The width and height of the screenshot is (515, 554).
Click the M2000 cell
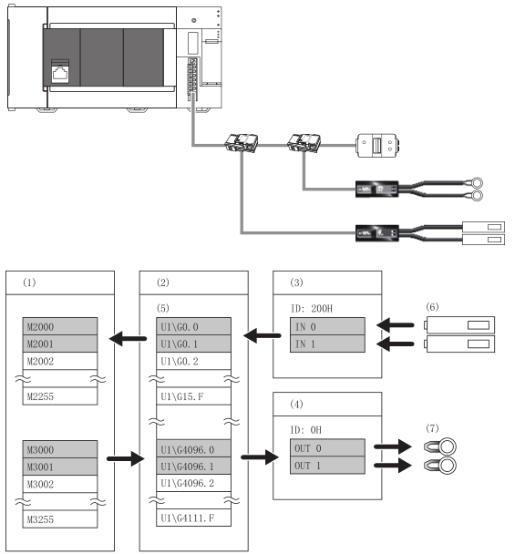[x=60, y=326]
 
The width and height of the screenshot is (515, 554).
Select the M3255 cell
[x=60, y=519]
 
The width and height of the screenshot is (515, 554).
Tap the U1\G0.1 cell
[x=193, y=344]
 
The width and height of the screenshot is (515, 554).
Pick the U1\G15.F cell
[x=193, y=396]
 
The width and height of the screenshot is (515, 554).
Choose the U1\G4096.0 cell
[x=193, y=449]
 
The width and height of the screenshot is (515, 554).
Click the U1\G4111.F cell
[x=193, y=518]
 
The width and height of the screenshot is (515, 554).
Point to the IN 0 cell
[x=327, y=326]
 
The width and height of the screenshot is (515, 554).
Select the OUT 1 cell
[x=327, y=466]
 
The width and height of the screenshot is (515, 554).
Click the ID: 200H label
[x=312, y=309]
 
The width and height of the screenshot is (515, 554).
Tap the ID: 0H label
[x=305, y=430]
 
